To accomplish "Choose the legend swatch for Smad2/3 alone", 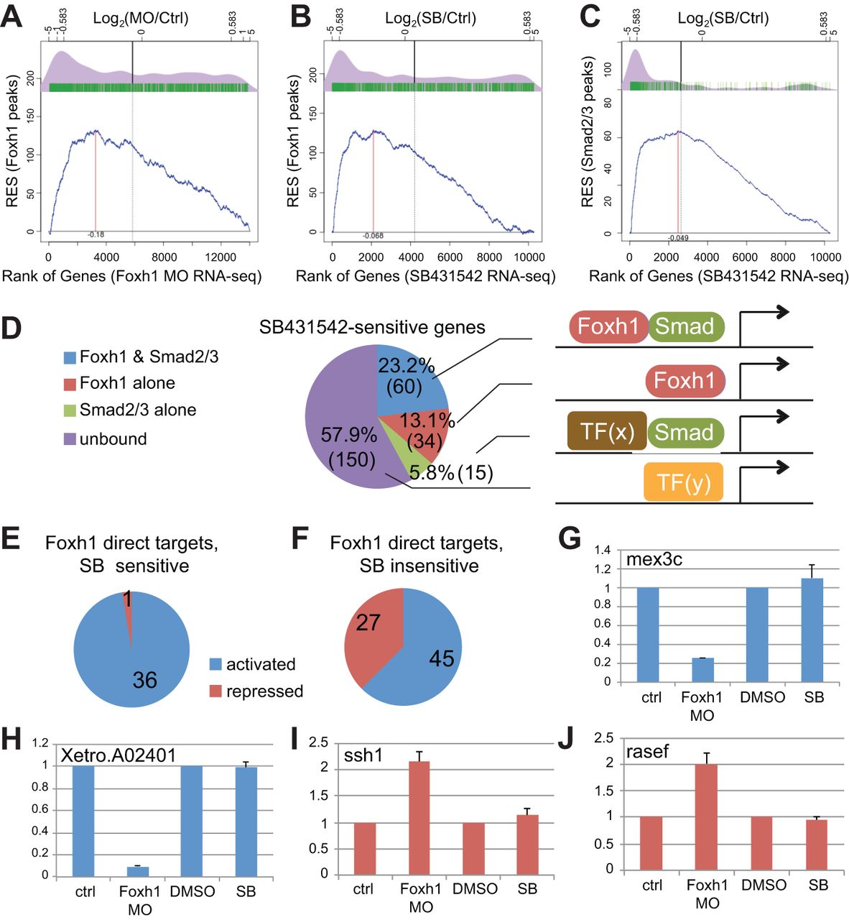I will pyautogui.click(x=70, y=411).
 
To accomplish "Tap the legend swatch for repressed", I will pyautogui.click(x=215, y=691).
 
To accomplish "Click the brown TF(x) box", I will pyautogui.click(x=607, y=431).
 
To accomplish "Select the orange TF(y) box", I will pyautogui.click(x=683, y=483).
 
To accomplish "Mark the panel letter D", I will pyautogui.click(x=12, y=328).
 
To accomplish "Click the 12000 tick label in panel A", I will pyautogui.click(x=221, y=257).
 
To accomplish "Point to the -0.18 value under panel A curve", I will pyautogui.click(x=96, y=235).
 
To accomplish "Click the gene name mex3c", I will pyautogui.click(x=654, y=559).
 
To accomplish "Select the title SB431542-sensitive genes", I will pyautogui.click(x=372, y=328).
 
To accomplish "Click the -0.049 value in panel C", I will pyautogui.click(x=677, y=238).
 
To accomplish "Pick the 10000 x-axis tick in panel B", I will pyautogui.click(x=529, y=257).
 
